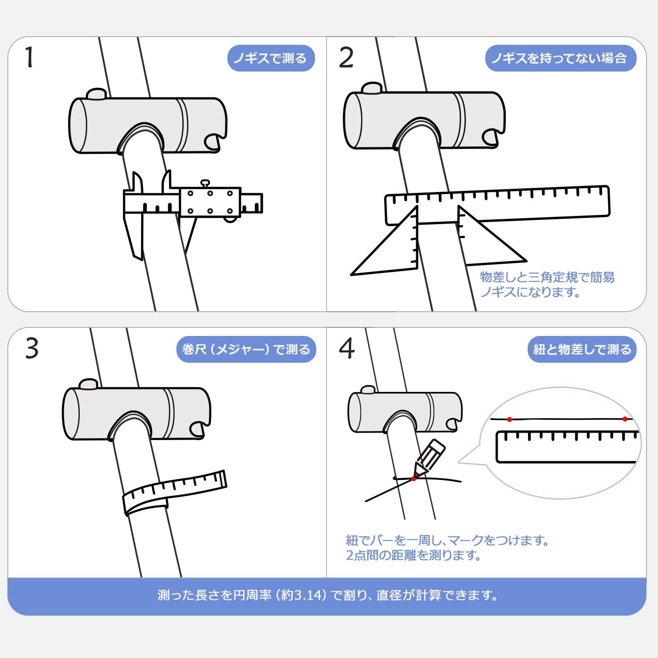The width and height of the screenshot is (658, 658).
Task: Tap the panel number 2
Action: pos(346,57)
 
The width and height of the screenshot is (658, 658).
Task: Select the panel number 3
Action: pos(32,348)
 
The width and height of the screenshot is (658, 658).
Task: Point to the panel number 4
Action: pos(347,348)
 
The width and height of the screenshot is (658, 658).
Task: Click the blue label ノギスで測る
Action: pos(271,58)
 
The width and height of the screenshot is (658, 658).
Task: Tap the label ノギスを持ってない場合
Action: pos(561,58)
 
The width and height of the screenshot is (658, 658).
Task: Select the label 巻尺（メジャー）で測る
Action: pos(246,350)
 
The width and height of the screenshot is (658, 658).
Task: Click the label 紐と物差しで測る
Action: pos(582,350)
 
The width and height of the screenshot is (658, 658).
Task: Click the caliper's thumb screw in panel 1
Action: pos(205,183)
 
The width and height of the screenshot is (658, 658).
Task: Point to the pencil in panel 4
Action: pos(429,458)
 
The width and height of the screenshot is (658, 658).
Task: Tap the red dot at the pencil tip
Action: pos(414,479)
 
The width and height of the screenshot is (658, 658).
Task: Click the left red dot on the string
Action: pos(510,419)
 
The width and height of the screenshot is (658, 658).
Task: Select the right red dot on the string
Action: pos(625,419)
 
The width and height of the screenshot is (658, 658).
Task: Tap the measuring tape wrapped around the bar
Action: pos(174,492)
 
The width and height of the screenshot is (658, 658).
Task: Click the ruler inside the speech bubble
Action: pos(568,447)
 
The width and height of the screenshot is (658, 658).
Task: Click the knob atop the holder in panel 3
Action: pos(88,384)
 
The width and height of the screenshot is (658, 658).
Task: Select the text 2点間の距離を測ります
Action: pos(413,555)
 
